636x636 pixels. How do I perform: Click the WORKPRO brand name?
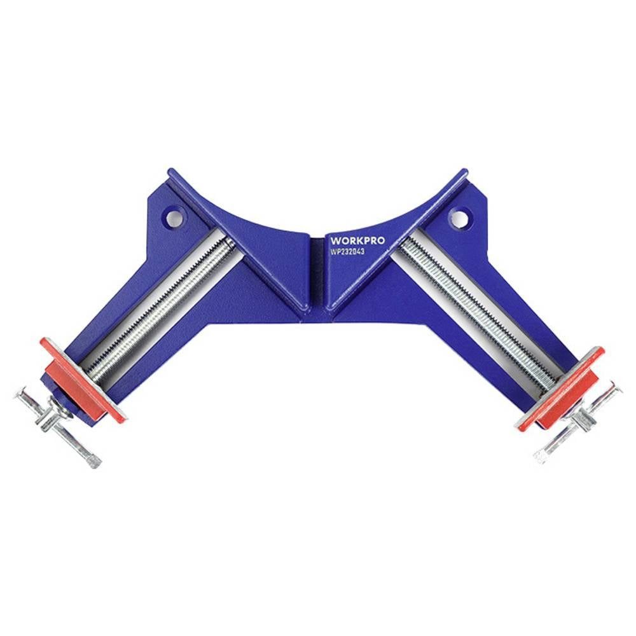(x=357, y=241)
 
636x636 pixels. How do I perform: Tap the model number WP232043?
(x=347, y=252)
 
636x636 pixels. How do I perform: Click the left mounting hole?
(x=174, y=219)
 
